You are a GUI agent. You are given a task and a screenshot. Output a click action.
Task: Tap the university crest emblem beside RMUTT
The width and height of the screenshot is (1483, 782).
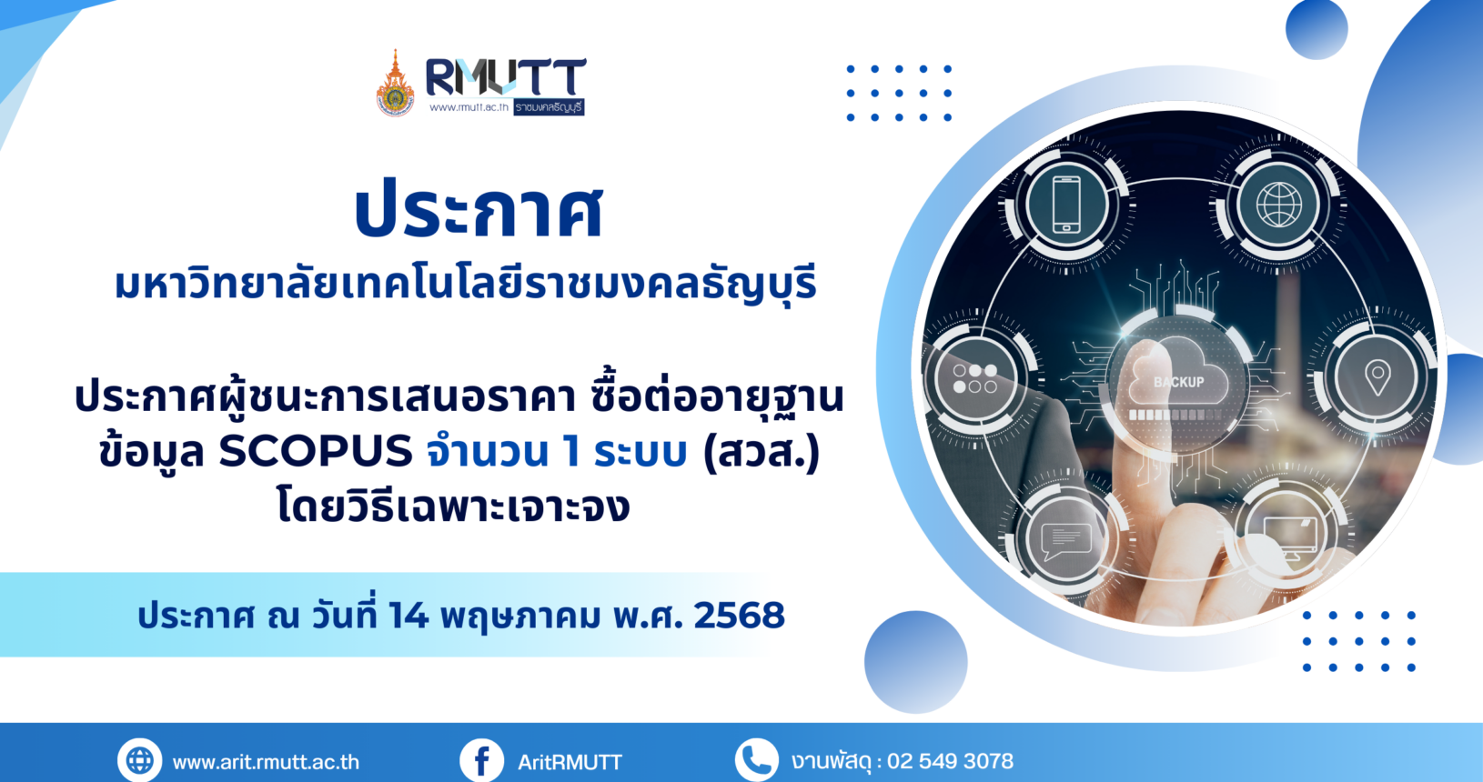tap(395, 84)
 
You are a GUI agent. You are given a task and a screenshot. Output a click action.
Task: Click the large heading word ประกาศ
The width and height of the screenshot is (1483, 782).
tap(479, 210)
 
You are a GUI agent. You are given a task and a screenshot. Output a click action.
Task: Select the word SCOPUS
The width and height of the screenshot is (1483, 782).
tap(316, 452)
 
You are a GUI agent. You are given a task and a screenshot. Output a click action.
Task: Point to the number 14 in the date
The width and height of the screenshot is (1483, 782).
tap(409, 616)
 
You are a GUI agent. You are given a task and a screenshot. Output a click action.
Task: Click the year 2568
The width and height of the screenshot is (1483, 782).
tap(739, 616)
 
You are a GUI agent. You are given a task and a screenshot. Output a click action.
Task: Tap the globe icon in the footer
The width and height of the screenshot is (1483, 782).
tap(140, 761)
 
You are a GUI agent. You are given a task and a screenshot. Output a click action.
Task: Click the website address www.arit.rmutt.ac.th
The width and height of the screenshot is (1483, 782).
tap(266, 762)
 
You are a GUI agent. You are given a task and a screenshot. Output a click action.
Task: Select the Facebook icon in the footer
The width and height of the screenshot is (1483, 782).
tap(482, 761)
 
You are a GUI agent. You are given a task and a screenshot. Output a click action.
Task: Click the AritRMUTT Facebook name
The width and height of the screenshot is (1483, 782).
tap(570, 762)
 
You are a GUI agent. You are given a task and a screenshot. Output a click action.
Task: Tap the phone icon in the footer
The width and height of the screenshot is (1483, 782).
tap(757, 760)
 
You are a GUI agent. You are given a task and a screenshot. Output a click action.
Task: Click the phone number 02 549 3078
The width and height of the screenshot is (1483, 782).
tap(950, 761)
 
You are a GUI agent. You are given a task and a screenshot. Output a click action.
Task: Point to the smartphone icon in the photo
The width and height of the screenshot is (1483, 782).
tap(1066, 205)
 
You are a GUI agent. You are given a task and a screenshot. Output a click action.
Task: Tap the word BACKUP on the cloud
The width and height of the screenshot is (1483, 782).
tap(1178, 383)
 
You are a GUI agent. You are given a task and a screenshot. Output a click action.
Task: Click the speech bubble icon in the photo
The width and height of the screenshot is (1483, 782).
tap(1065, 541)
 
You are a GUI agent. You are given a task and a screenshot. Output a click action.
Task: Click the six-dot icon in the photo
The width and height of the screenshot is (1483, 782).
tap(974, 378)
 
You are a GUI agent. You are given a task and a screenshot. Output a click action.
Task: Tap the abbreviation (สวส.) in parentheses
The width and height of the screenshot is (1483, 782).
tap(762, 453)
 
